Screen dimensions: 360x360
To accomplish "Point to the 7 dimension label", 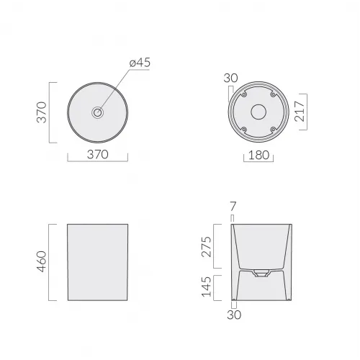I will [x=232, y=207].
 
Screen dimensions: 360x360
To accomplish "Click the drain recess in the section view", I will [x=260, y=274].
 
